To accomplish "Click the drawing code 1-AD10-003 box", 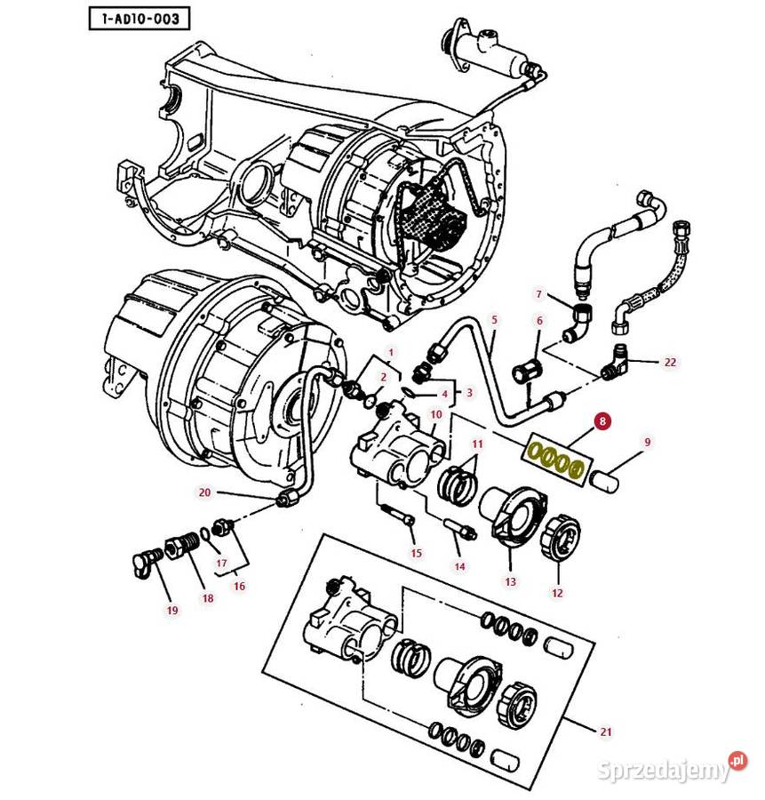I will coord(139,17).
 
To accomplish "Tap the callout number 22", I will coord(670,362).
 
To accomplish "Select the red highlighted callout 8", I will coord(603,421).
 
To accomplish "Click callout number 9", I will coord(647,441).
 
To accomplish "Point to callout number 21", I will coord(606,732).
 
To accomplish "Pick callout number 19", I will coord(172,610).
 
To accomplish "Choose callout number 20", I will coord(204,492).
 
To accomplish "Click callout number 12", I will coord(557,592).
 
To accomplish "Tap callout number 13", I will coord(510,581).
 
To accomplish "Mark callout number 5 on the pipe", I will coord(495,318).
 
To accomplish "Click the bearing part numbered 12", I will coord(562,536).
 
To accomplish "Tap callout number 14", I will coord(459,565).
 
